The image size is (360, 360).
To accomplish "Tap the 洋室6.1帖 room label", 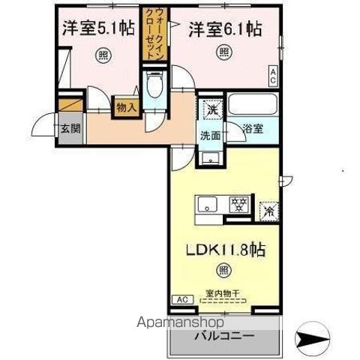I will coord(224,29).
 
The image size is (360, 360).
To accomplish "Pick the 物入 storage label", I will coord(126,107).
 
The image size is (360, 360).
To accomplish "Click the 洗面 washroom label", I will coord(209,136).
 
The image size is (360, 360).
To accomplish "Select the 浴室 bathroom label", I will coord(253,129).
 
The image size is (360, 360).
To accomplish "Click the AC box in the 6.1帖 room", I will coord(273,75).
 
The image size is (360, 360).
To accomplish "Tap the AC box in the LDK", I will coord(182,299).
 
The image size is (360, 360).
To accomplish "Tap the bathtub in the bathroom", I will coord(253,104).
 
